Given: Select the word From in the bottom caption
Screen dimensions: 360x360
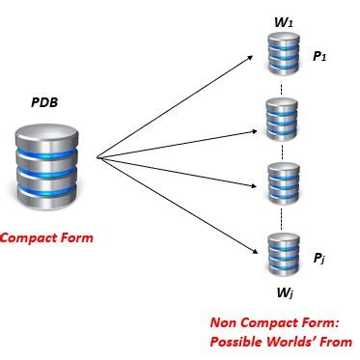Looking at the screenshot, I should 337,342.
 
